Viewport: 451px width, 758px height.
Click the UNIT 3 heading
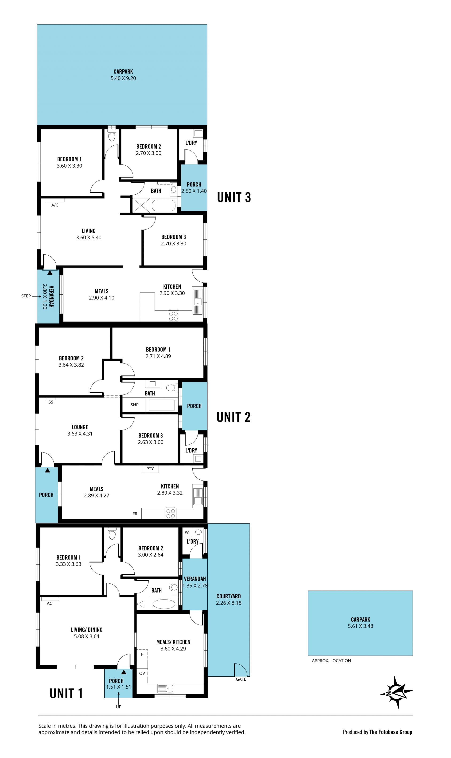tap(234, 197)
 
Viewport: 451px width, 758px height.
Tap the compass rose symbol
tap(396, 693)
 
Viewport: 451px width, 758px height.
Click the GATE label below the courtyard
tap(241, 679)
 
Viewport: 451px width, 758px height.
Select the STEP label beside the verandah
tap(26, 296)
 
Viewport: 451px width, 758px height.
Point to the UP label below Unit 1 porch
tap(119, 707)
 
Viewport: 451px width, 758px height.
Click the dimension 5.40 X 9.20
tap(123, 78)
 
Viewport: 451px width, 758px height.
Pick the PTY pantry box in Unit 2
tap(150, 469)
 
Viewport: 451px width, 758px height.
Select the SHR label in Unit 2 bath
tap(135, 405)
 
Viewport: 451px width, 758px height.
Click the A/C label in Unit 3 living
tap(55, 205)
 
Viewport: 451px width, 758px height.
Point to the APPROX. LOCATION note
tap(331, 661)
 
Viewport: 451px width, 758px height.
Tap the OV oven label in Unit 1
tap(142, 673)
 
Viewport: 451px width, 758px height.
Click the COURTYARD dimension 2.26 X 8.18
tap(229, 603)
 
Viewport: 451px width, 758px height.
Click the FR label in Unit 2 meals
tap(135, 514)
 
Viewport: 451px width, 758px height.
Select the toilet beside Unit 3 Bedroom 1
tap(112, 136)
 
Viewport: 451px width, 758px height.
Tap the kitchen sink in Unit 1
tap(165, 688)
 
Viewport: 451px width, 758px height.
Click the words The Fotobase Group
tap(391, 732)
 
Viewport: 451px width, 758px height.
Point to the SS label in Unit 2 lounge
tap(51, 402)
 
